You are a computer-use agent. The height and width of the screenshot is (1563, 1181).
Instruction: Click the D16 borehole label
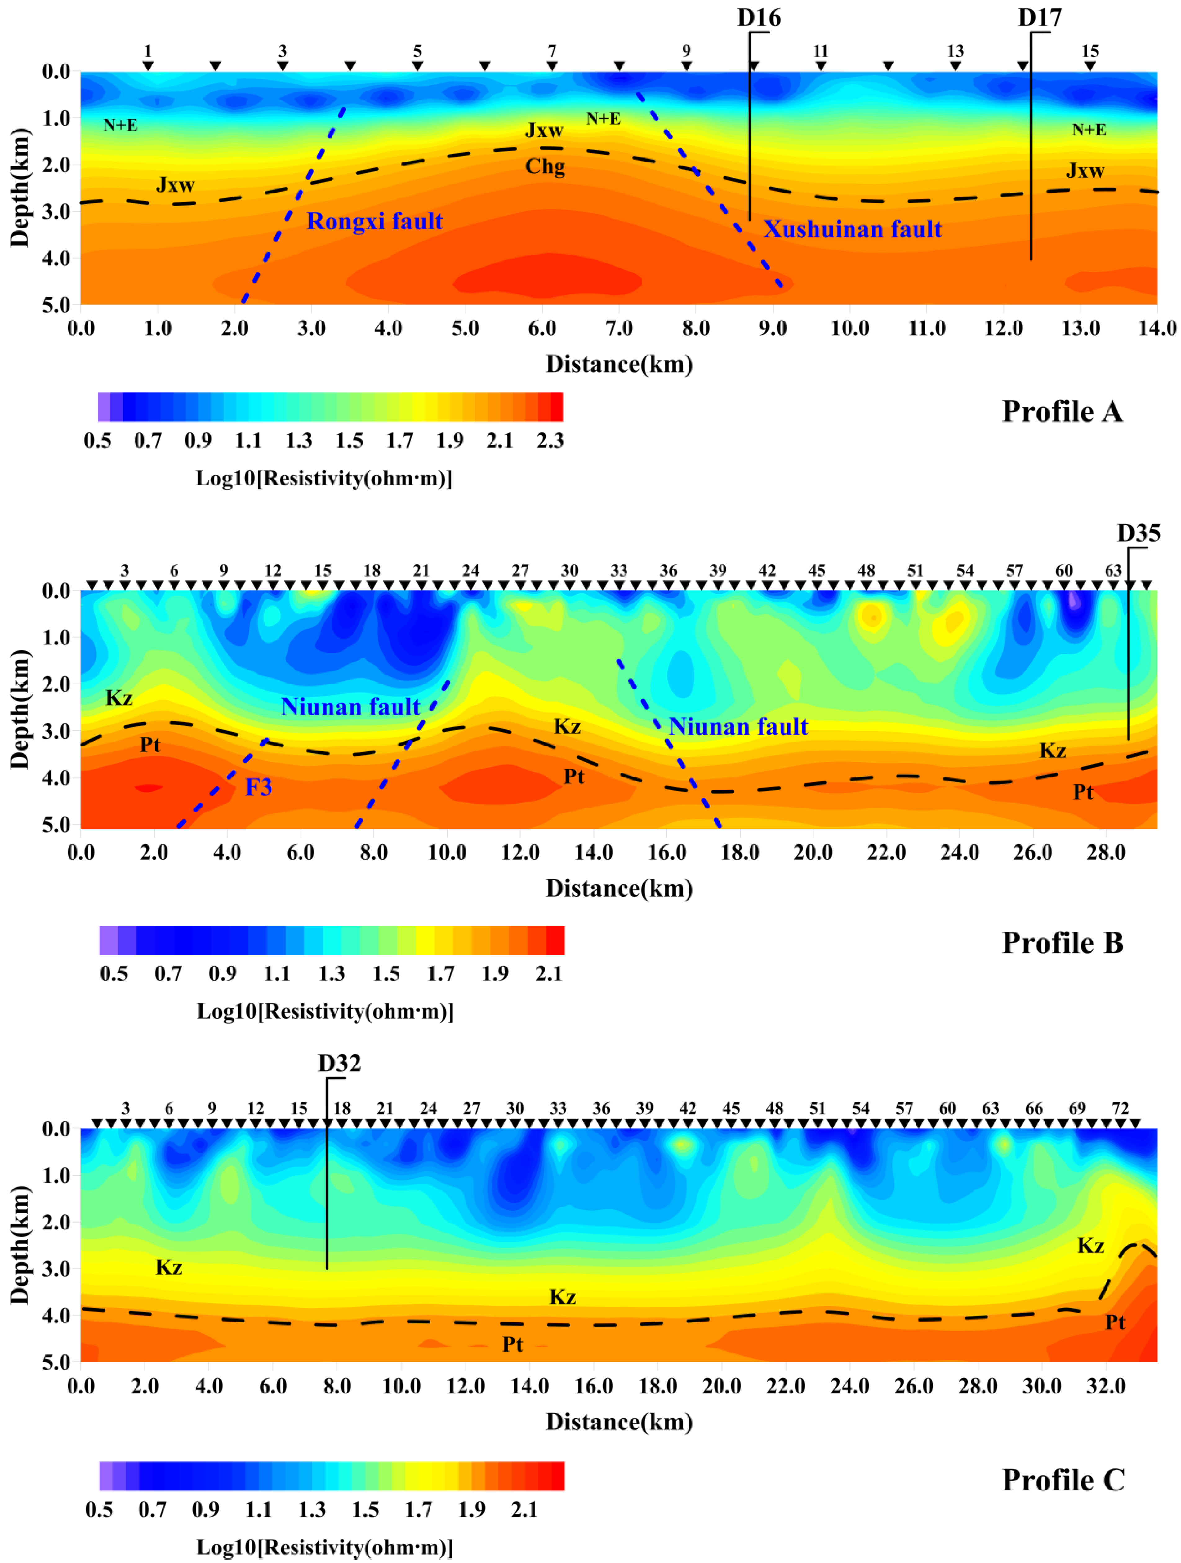tap(758, 18)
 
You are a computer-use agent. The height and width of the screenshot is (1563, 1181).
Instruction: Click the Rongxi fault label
tap(375, 221)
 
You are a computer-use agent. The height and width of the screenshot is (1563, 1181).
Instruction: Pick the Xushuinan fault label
tap(852, 229)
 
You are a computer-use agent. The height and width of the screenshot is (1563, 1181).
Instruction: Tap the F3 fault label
tap(259, 787)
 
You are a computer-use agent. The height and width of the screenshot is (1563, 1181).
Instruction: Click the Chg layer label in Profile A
tap(545, 167)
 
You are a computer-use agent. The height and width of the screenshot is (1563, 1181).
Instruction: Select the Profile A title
tap(1062, 411)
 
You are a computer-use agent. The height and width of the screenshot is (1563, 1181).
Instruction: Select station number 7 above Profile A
tap(552, 51)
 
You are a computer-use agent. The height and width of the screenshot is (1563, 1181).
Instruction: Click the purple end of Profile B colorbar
tap(108, 941)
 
